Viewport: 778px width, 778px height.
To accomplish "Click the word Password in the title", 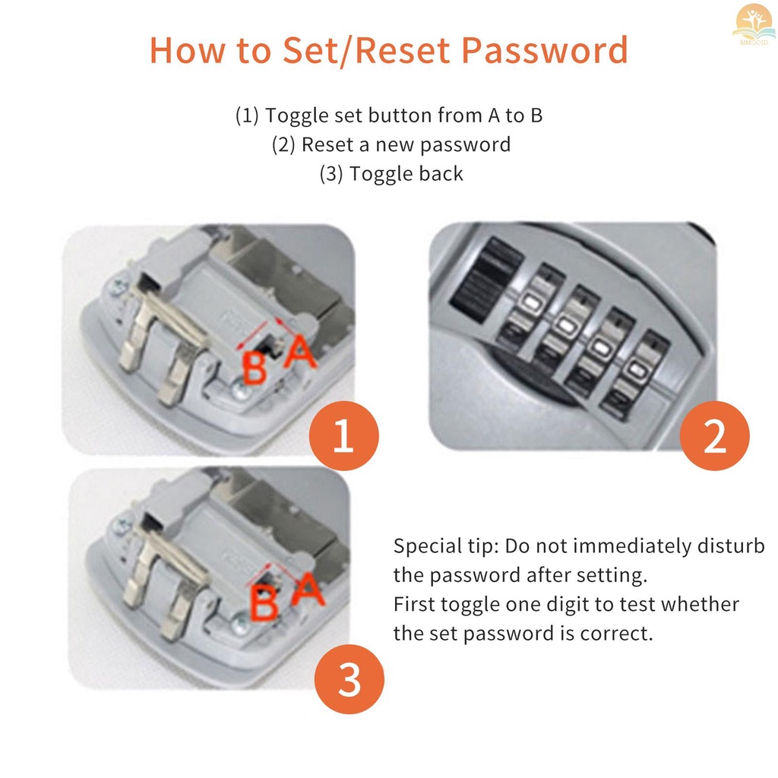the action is click(545, 50).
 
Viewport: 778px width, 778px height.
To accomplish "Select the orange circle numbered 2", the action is click(714, 437).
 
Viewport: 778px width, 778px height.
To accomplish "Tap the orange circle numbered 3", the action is click(349, 679).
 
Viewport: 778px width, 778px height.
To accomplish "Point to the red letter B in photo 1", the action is click(254, 367).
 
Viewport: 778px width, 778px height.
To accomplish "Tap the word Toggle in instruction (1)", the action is click(297, 115).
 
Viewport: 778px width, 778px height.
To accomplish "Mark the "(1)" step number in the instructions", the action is click(248, 115).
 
